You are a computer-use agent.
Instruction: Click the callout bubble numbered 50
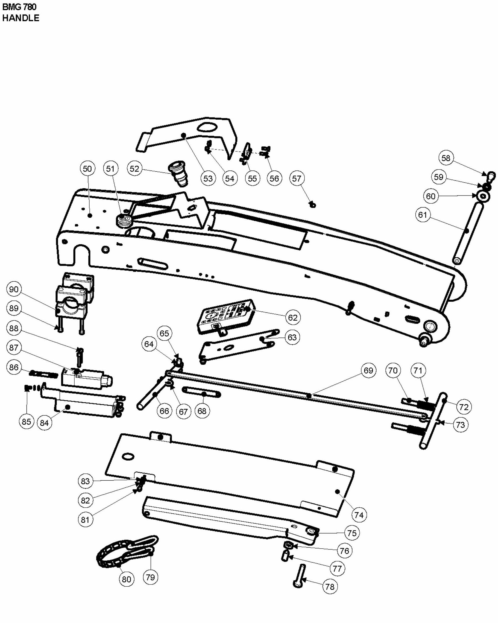point(87,169)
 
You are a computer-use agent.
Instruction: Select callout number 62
point(293,318)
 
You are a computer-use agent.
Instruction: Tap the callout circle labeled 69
point(368,370)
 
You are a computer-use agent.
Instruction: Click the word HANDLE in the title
point(20,18)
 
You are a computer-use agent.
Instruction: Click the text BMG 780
point(19,7)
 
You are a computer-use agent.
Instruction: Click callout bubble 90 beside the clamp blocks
point(14,289)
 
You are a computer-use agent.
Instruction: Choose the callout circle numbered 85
point(26,421)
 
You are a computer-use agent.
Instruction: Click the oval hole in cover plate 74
point(128,456)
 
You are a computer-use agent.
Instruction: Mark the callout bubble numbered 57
point(297,178)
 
